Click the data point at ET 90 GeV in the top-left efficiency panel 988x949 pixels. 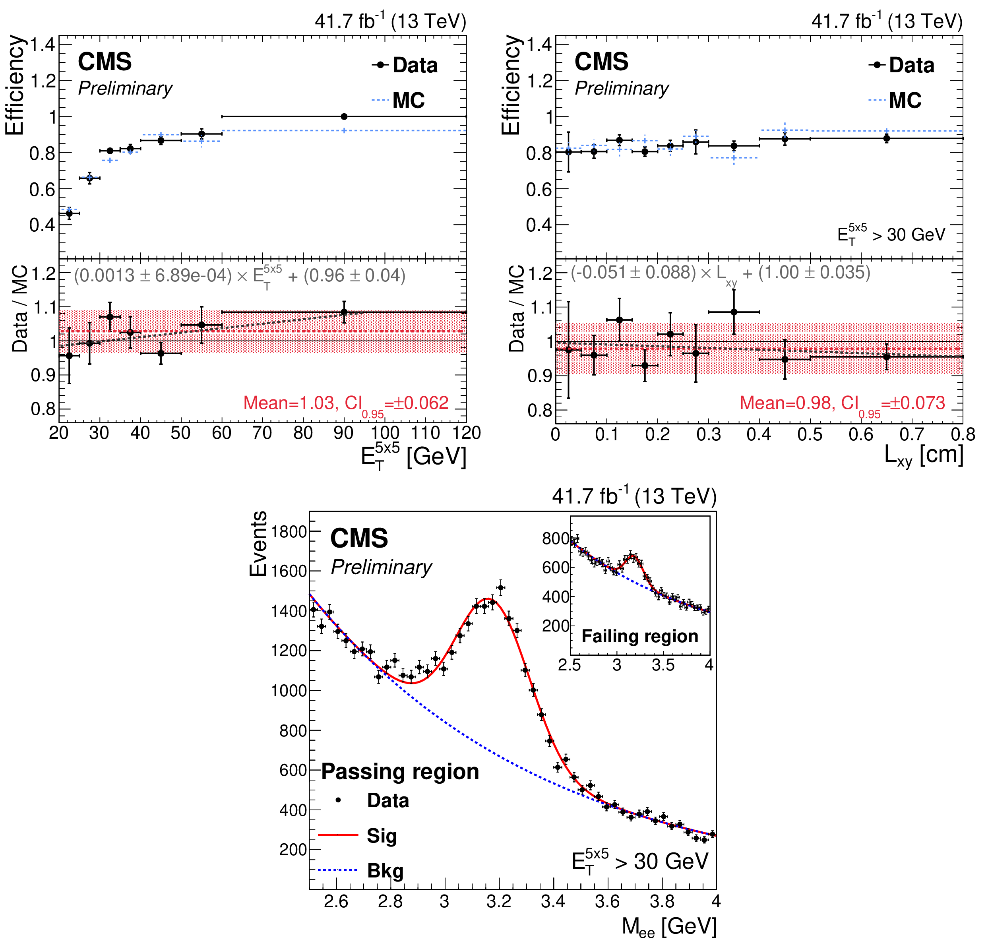(344, 116)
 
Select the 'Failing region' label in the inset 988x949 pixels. (640, 636)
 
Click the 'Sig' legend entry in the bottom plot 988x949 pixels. (382, 836)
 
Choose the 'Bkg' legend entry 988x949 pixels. (385, 871)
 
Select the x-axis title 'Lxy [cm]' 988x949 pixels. (924, 455)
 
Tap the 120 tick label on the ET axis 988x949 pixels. (466, 433)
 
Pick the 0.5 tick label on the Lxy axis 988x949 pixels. (810, 434)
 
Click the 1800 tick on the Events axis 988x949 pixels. (289, 532)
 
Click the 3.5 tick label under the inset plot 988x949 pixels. (663, 665)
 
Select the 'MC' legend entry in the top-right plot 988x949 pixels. (905, 100)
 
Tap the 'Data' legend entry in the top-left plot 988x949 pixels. (415, 66)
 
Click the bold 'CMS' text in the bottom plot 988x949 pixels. (359, 538)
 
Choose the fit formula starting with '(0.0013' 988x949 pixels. (239, 276)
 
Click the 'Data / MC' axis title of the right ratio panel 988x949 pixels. (517, 308)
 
